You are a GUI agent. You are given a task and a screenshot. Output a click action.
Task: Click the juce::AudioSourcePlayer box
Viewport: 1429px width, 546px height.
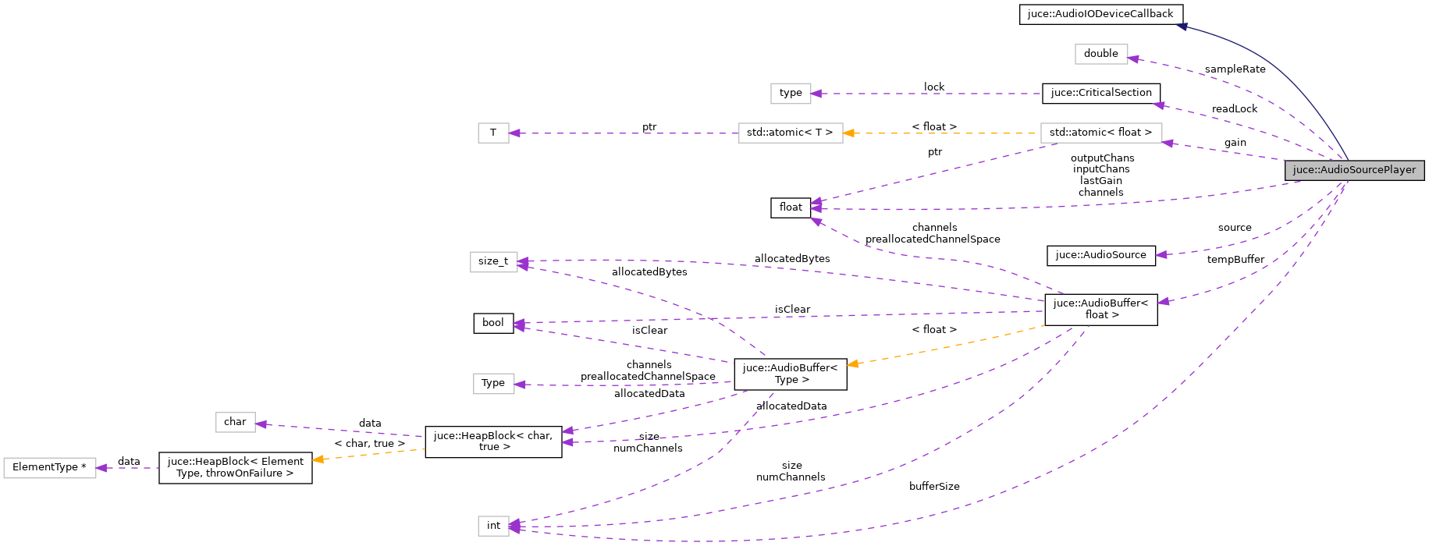pos(1354,170)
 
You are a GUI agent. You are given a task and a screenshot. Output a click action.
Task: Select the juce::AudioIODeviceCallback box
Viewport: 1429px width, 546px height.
pos(1100,14)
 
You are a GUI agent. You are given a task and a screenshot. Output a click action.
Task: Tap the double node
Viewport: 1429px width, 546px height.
pos(1100,54)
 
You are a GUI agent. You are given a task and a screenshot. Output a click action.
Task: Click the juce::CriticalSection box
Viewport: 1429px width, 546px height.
pos(1100,93)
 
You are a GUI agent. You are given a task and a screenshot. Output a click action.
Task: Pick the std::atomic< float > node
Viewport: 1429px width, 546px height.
pos(1100,133)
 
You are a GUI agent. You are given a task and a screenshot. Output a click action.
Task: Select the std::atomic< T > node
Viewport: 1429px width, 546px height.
pos(790,133)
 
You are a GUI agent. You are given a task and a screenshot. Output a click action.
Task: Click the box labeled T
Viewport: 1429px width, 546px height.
pos(493,133)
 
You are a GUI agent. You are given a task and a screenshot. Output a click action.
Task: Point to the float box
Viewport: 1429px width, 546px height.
pos(791,207)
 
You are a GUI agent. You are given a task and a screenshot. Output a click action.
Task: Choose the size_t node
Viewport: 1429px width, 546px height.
pos(493,261)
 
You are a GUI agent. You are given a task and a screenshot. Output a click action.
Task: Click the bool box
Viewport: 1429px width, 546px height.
pos(493,323)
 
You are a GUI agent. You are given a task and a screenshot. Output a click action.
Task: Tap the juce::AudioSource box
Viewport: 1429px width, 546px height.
pos(1100,255)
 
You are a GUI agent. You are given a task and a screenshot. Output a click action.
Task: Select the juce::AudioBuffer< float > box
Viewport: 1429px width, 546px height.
pos(1100,309)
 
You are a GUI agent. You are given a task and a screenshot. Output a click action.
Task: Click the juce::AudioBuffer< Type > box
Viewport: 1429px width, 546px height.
pos(790,374)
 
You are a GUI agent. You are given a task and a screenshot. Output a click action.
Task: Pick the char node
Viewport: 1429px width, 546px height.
pos(235,422)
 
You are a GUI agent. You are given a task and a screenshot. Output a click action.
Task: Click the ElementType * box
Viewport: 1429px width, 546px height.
pos(49,467)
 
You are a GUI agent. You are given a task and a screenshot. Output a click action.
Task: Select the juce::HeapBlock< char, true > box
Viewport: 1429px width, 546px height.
pos(493,441)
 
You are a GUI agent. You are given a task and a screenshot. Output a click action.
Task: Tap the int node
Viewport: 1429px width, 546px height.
pos(493,526)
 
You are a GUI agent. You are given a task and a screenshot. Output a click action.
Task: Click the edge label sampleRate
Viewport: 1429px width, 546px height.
pos(1235,69)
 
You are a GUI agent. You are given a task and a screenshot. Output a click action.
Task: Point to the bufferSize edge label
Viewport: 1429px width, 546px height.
pos(934,487)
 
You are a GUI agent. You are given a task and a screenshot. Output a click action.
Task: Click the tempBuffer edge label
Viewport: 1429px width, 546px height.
pos(1235,260)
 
